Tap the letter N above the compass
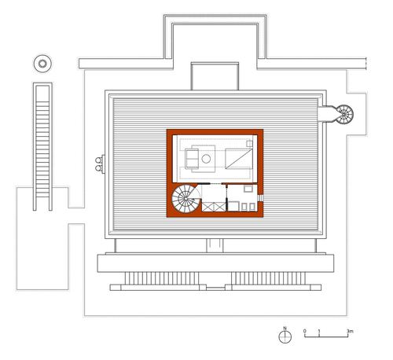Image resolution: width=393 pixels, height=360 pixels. (x=285, y=328)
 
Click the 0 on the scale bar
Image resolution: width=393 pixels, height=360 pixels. (x=305, y=331)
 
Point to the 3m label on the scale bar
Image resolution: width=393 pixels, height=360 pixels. (x=350, y=331)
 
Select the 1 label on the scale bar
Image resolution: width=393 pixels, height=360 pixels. (x=319, y=331)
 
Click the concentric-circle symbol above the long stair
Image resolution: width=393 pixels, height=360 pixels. (x=42, y=64)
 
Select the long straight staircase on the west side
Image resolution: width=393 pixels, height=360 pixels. (x=42, y=147)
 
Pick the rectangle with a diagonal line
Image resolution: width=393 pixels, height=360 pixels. (x=239, y=159)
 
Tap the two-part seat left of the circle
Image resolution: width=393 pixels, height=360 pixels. (x=192, y=159)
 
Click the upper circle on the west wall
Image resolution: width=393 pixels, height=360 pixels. (x=98, y=160)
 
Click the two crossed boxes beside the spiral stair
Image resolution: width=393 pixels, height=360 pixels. (x=214, y=207)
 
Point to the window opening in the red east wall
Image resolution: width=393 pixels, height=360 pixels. (x=260, y=197)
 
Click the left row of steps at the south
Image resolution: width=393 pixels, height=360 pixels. (x=160, y=278)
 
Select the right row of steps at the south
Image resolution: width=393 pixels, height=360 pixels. (x=268, y=278)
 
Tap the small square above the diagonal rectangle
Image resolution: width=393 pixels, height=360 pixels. (x=249, y=144)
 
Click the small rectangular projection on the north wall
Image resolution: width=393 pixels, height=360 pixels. (x=215, y=76)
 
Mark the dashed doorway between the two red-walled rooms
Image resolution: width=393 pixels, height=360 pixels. (x=215, y=184)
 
